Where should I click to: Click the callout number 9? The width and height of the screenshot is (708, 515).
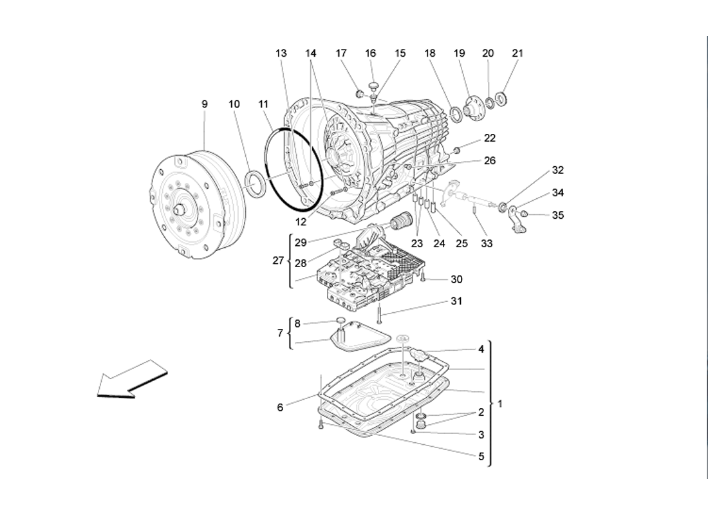tap(205, 104)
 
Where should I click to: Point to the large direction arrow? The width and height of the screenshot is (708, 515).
tap(131, 380)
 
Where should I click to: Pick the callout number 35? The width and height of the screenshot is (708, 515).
tap(557, 216)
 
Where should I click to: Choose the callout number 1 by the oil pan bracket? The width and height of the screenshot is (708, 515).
tap(500, 404)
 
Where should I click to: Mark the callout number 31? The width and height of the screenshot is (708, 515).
tap(456, 301)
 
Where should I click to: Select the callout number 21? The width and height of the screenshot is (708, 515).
tap(517, 53)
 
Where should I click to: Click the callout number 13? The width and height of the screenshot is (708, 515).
tap(281, 53)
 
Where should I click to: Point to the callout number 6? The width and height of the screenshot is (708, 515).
tap(280, 407)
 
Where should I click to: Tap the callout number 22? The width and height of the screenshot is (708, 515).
tap(490, 138)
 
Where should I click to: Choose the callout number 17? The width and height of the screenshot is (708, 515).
tap(342, 53)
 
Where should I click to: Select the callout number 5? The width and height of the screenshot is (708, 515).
tap(481, 457)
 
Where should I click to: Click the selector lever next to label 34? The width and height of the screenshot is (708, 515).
tap(516, 218)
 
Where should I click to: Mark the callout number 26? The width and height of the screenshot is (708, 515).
tap(490, 161)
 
